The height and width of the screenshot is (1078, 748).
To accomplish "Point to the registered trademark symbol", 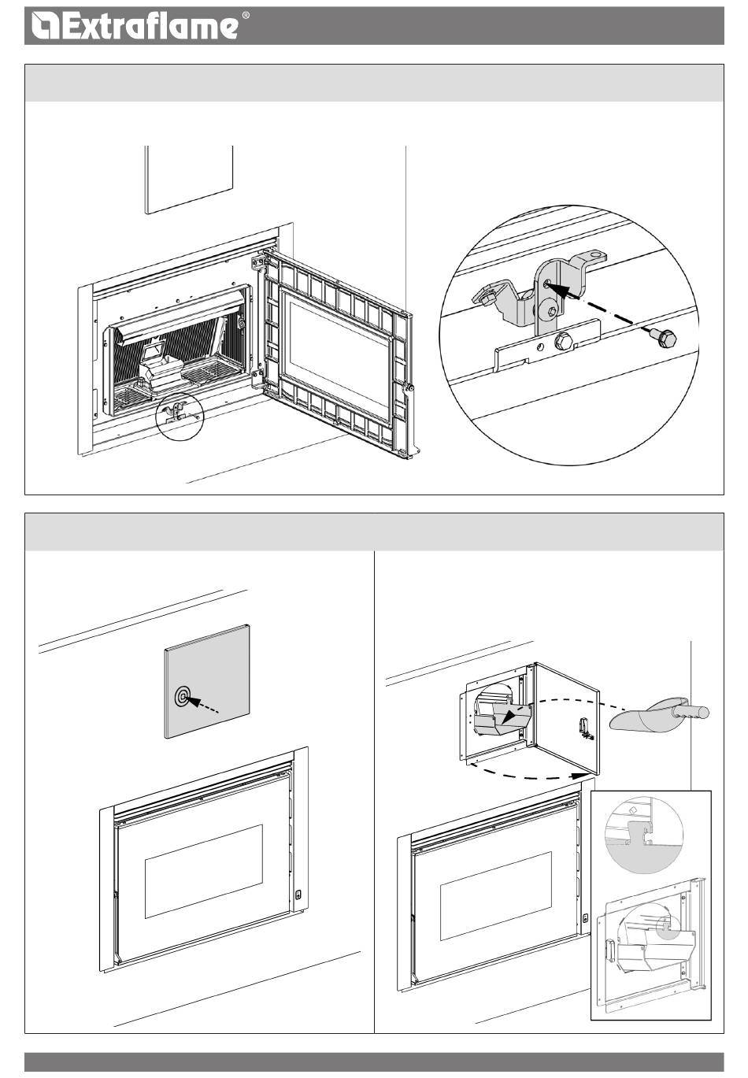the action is tap(246, 15).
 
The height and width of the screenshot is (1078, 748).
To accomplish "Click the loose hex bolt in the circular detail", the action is tap(663, 337).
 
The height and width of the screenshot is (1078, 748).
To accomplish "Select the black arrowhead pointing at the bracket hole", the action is tap(556, 291).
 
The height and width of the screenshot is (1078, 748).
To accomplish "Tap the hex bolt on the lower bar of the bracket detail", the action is tap(563, 343).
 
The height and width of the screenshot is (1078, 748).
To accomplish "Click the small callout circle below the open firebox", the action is tap(180, 417).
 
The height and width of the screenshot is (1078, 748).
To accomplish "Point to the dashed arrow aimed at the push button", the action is tap(202, 705).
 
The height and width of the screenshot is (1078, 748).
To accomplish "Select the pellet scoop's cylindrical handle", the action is tap(691, 712).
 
